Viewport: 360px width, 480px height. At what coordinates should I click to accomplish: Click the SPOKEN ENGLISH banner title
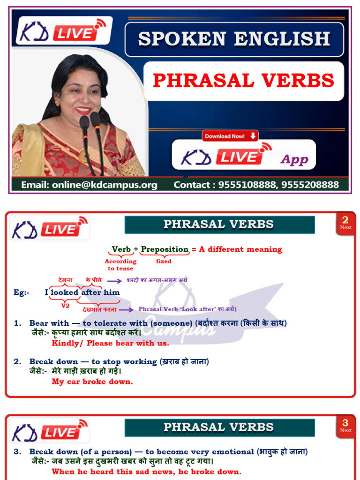[234, 39]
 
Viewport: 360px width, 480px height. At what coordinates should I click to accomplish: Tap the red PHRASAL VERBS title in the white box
[243, 81]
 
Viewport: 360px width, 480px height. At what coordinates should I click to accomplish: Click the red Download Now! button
[230, 136]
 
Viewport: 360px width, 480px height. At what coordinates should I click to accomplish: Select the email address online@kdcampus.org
[89, 185]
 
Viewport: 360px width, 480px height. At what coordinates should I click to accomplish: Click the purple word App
[294, 159]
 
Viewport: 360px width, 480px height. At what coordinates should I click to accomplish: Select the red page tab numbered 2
[345, 223]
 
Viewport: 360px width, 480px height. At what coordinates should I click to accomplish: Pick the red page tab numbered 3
[345, 426]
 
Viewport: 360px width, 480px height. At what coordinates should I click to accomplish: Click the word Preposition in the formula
[165, 249]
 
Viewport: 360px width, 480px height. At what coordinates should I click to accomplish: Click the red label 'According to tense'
[120, 265]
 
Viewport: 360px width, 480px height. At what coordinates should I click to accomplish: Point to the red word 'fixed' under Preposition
[164, 262]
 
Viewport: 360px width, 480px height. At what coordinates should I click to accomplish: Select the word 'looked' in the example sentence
[65, 292]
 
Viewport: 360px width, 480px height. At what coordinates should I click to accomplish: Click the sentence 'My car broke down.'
[92, 382]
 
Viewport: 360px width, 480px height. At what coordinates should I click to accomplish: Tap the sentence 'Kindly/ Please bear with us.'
[110, 343]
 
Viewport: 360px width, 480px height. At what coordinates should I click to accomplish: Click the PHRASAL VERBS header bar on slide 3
[219, 427]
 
